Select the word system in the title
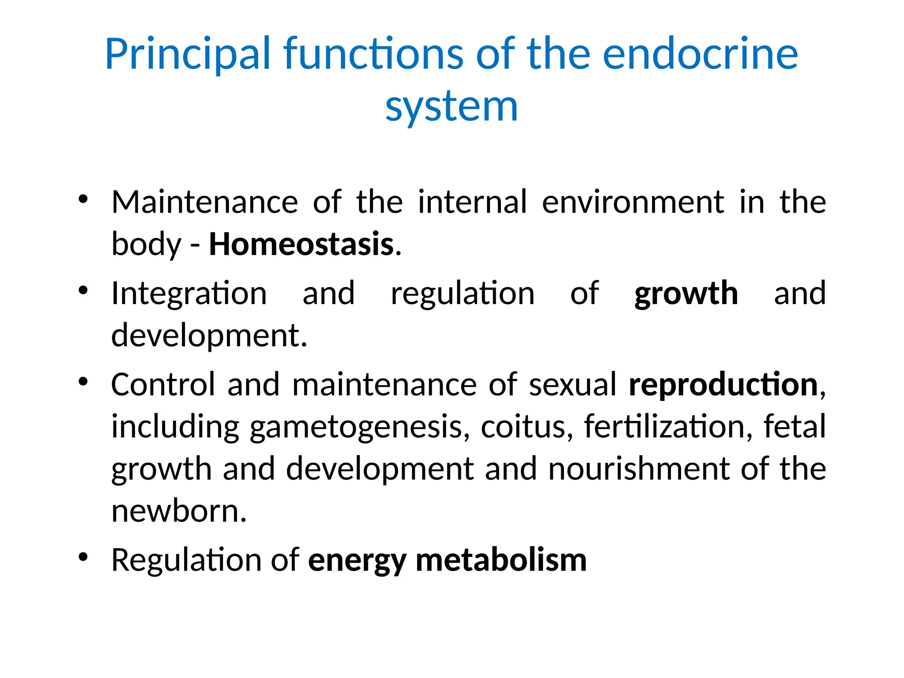[x=452, y=107]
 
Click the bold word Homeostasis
[x=301, y=244]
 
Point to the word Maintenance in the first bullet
[x=205, y=202]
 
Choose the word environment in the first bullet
[x=633, y=202]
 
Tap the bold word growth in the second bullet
[x=686, y=294]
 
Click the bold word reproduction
[x=723, y=384]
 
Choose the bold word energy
[x=357, y=561]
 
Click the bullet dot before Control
[x=83, y=381]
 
